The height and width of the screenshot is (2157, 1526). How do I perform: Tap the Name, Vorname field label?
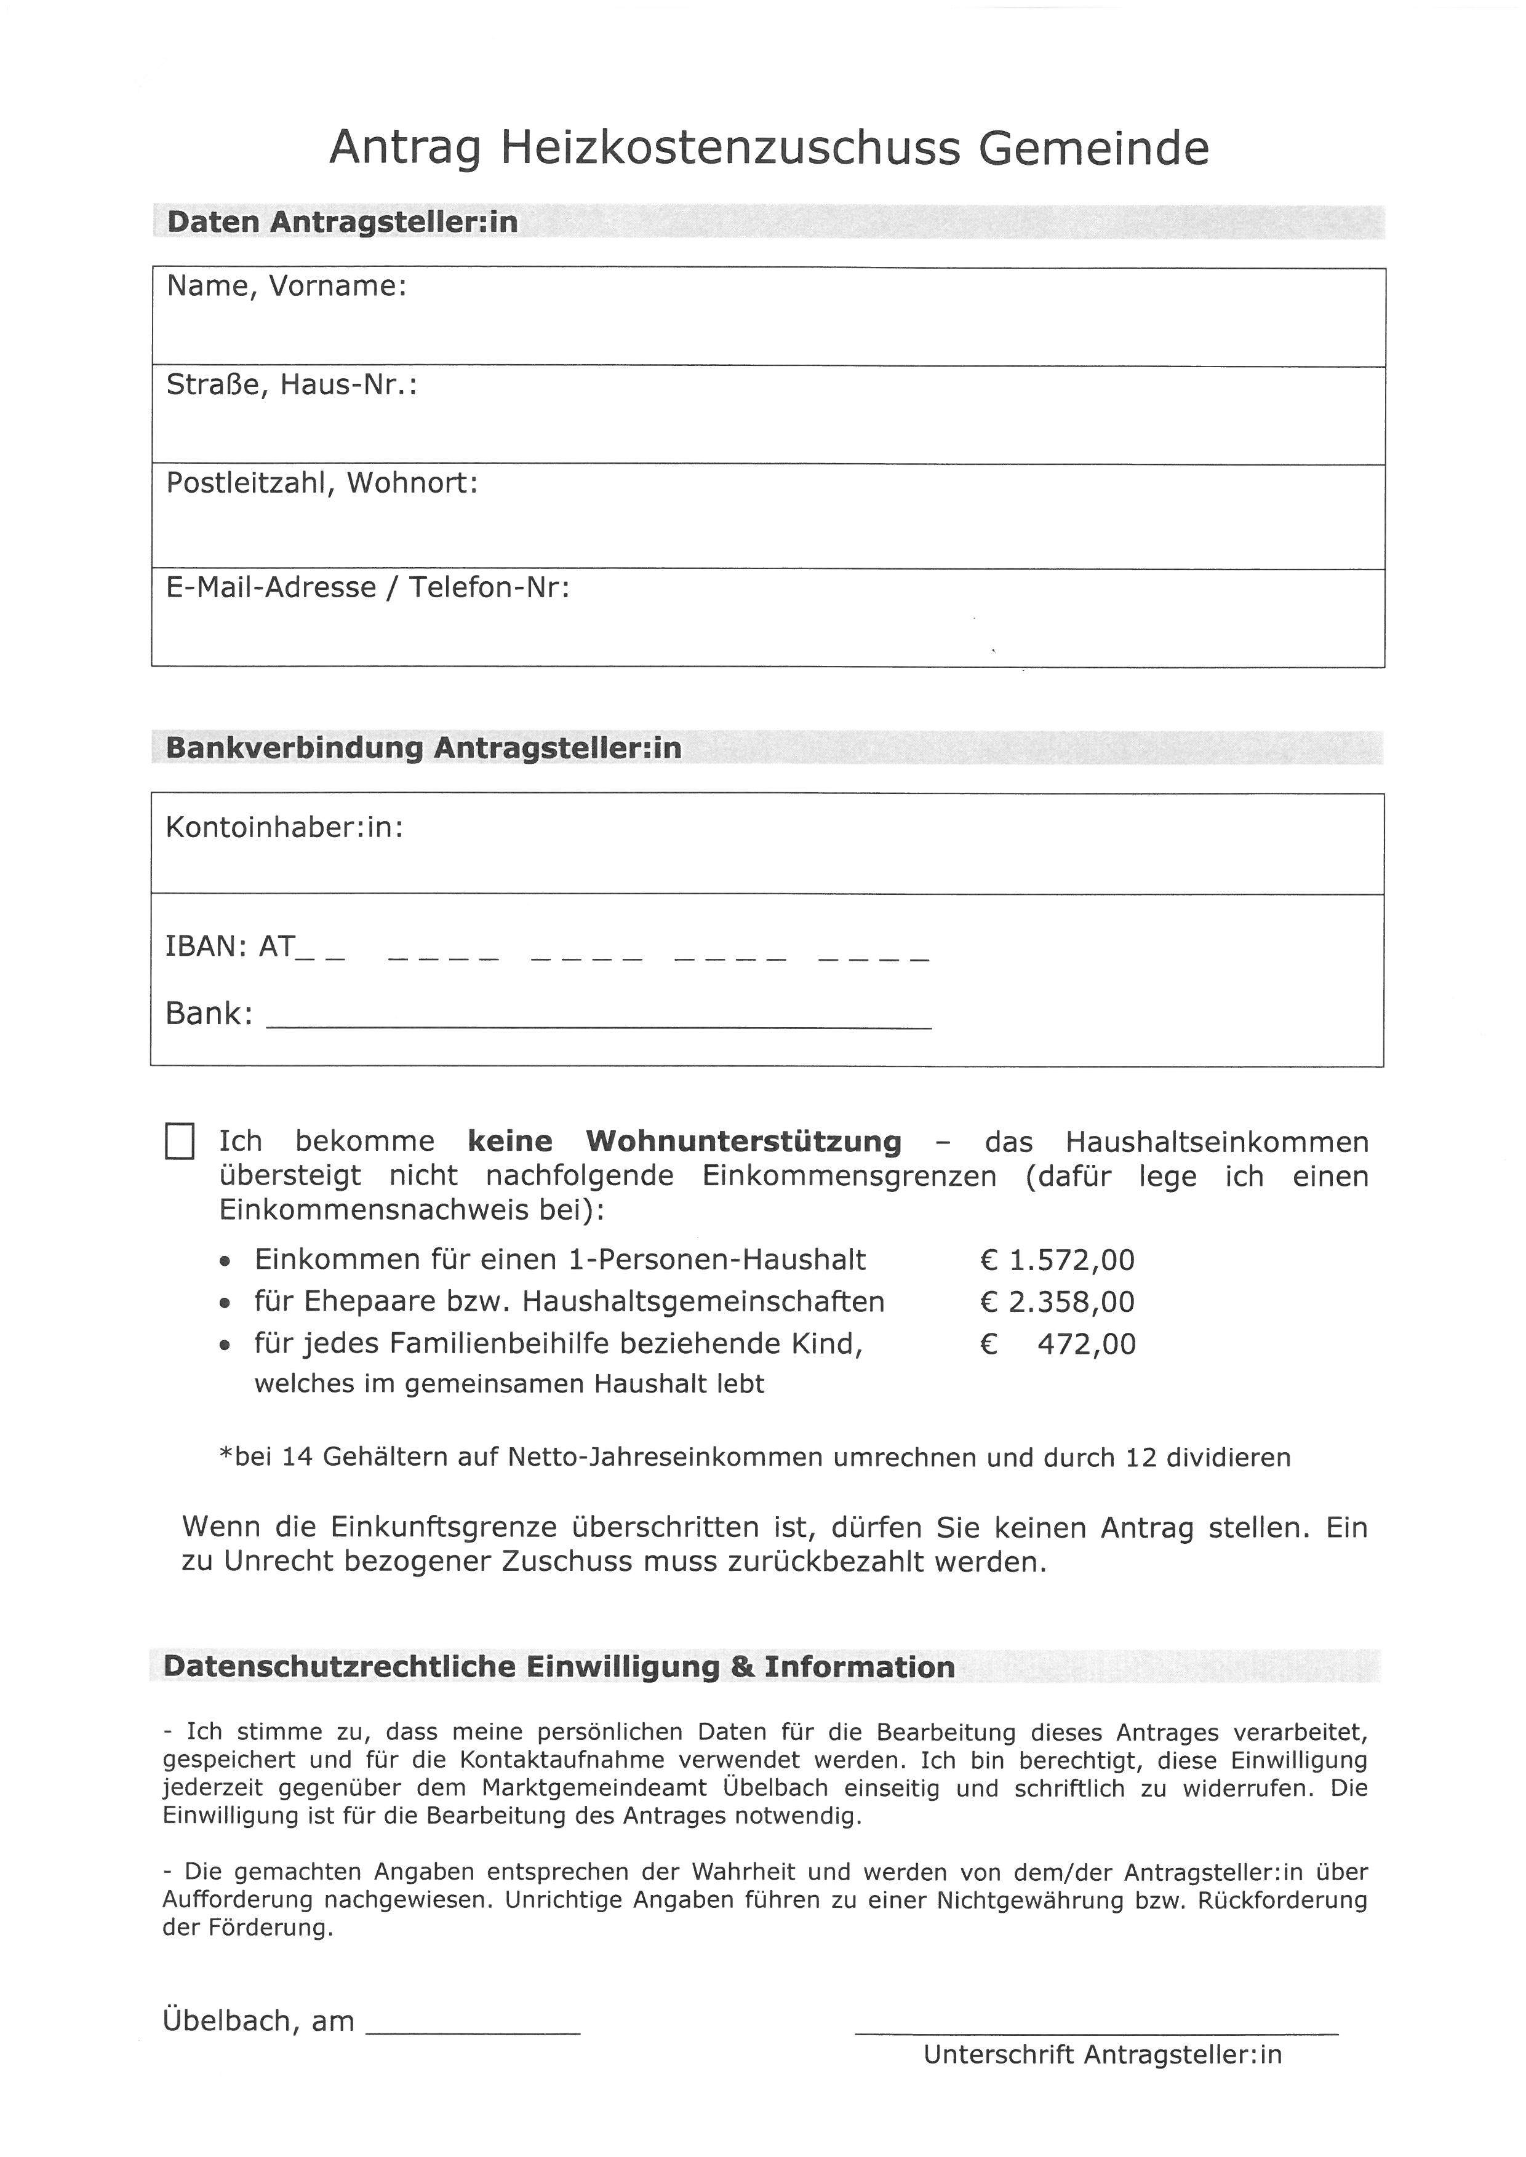point(287,287)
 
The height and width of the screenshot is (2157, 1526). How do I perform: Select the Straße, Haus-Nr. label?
point(291,384)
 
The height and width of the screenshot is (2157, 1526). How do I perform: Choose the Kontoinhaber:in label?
point(285,828)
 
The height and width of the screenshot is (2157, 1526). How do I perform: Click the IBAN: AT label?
point(230,946)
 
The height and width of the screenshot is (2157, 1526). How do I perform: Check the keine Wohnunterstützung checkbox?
point(180,1142)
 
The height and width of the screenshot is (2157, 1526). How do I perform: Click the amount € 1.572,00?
point(1057,1260)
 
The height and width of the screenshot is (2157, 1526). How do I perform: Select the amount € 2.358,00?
point(1057,1302)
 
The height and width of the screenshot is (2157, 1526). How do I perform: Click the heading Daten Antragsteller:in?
point(342,223)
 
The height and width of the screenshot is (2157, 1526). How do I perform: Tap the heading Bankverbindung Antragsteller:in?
point(423,749)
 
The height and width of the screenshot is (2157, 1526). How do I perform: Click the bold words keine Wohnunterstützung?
point(684,1142)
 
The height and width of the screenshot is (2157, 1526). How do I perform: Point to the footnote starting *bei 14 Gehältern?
point(754,1457)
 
